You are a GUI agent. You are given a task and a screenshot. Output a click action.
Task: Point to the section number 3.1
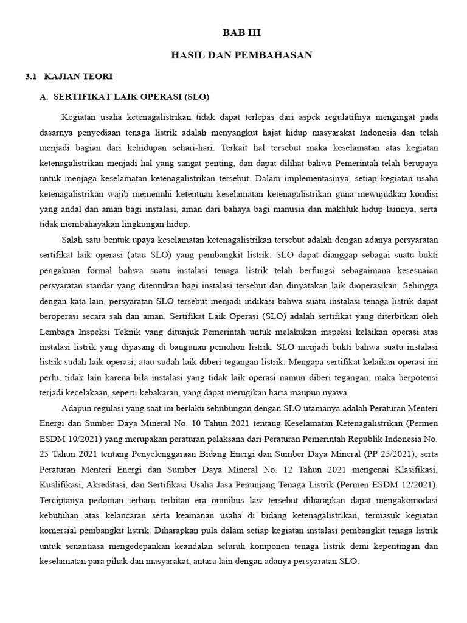[x=31, y=77]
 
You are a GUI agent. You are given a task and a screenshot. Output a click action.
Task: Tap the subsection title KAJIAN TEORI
[x=78, y=77]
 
